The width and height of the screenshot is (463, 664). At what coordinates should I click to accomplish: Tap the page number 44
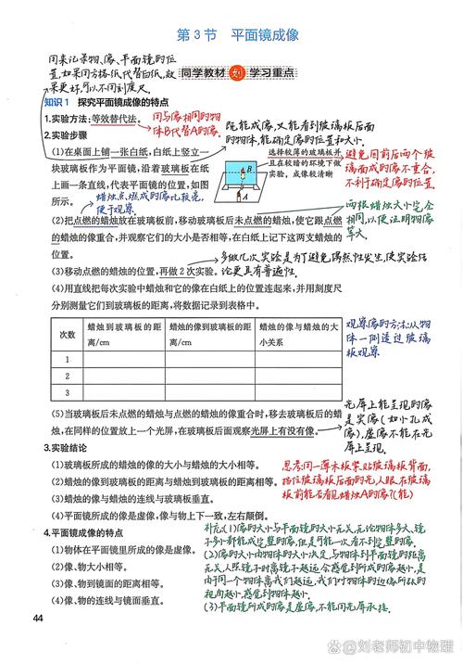38,619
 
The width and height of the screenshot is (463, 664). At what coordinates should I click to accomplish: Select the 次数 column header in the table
67,333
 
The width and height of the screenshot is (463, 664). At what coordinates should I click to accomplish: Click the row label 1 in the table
67,359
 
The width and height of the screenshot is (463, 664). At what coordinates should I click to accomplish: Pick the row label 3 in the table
67,393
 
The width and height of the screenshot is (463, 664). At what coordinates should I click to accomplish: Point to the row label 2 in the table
67,377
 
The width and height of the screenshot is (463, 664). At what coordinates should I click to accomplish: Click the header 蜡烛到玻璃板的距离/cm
123,333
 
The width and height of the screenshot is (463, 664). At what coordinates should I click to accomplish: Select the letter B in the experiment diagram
242,170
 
